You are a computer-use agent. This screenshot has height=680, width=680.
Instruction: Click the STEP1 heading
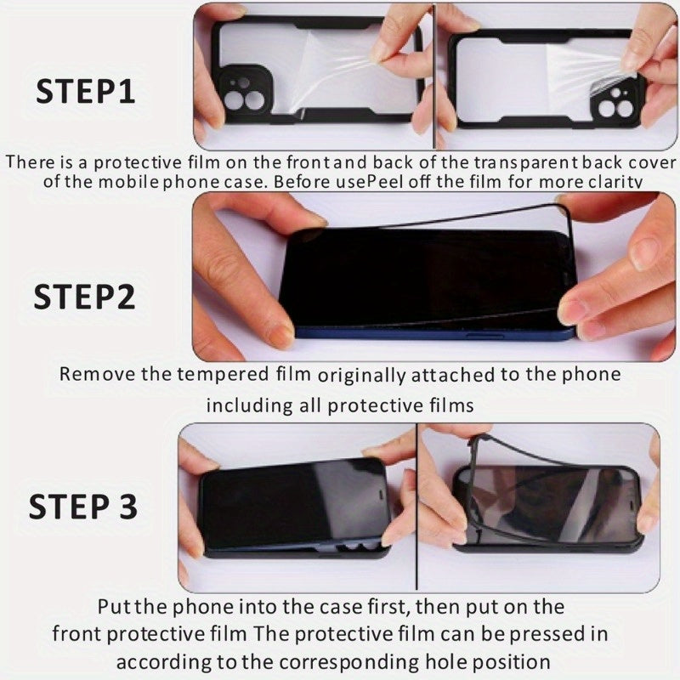[x=85, y=90]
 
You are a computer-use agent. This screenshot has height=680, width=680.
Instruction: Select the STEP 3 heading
[x=82, y=507]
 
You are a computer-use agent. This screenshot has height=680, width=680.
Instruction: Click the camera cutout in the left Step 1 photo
[x=244, y=93]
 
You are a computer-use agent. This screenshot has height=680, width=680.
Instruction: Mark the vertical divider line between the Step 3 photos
[x=416, y=510]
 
